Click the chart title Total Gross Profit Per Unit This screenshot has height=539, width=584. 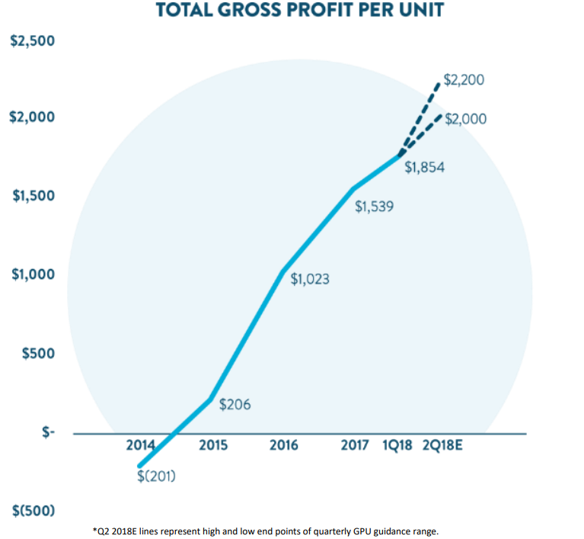pyautogui.click(x=300, y=10)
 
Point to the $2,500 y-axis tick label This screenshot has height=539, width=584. pyautogui.click(x=32, y=40)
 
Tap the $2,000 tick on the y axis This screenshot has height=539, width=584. pyautogui.click(x=32, y=117)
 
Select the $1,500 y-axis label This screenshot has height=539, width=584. pyautogui.click(x=32, y=196)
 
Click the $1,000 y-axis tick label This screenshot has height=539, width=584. pyautogui.click(x=32, y=274)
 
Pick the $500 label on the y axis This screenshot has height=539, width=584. pyautogui.click(x=37, y=354)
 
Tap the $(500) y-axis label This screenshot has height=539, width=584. pyautogui.click(x=33, y=510)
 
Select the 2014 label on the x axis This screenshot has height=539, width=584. pyautogui.click(x=140, y=445)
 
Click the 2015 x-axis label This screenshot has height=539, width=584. pyautogui.click(x=213, y=445)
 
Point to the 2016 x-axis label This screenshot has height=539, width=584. pyautogui.click(x=284, y=445)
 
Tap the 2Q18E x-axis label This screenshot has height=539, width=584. pyautogui.click(x=442, y=445)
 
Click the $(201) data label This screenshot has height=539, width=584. pyautogui.click(x=158, y=476)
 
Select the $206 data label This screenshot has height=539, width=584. pyautogui.click(x=235, y=405)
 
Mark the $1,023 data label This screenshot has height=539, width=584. pyautogui.click(x=310, y=279)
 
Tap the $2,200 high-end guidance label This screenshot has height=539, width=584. pyautogui.click(x=464, y=79)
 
